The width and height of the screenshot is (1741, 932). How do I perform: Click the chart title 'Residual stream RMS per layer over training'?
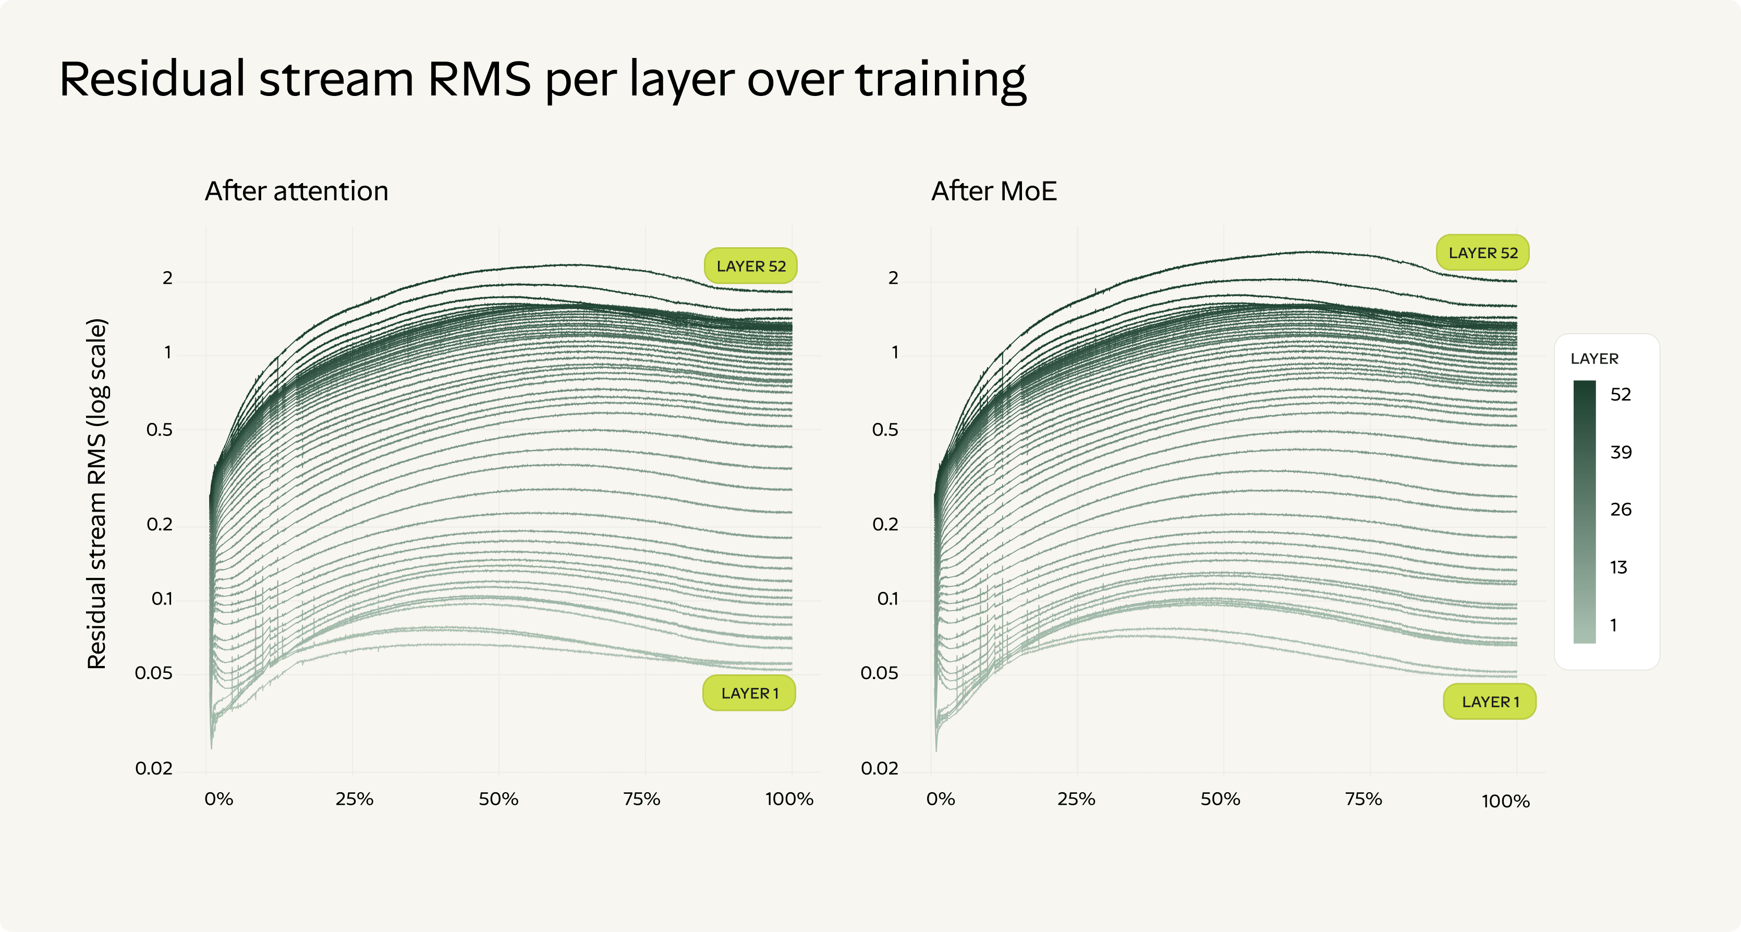coord(543,80)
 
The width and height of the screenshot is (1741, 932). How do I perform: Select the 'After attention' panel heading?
coord(297,191)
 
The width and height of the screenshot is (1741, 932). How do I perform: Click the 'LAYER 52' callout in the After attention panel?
coord(751,267)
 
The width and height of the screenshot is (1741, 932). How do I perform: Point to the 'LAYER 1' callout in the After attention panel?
coord(749,694)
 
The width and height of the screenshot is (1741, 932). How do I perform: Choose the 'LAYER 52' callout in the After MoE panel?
coord(1483,253)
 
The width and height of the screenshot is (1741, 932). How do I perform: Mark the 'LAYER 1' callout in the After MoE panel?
coord(1490,701)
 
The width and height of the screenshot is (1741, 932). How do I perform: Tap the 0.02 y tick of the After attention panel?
coord(154,768)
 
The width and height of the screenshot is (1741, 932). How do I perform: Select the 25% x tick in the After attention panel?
coord(354,800)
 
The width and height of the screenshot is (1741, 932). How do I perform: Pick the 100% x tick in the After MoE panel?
coord(1506,802)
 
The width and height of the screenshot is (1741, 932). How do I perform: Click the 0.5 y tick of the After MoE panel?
coord(885,430)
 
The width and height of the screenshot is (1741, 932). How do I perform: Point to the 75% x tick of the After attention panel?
coord(641,800)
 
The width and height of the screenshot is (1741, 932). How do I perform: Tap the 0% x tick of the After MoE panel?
coord(941,800)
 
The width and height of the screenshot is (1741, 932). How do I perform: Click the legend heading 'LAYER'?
coord(1594,359)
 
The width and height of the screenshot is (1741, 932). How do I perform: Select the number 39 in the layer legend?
coord(1621,452)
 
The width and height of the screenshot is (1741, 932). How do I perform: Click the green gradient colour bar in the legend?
coord(1584,512)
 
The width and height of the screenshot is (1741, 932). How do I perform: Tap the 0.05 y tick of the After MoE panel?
coord(879,673)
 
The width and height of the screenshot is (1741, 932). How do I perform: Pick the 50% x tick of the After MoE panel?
coord(1221,800)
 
